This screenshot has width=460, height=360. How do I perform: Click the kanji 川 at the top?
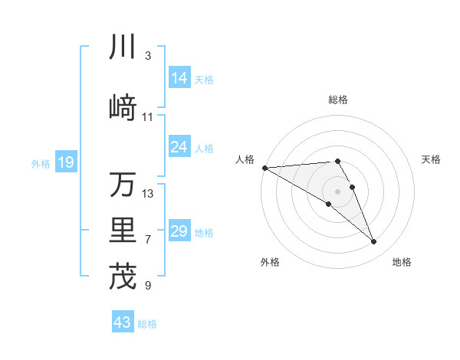coord(123,47)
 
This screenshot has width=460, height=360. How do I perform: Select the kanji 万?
coord(123,185)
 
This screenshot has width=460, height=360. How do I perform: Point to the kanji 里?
coord(123,230)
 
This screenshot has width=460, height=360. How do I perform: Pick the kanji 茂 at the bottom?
coord(123,277)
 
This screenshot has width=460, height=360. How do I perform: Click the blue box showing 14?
coord(179,78)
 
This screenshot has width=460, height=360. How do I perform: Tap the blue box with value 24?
coord(179,147)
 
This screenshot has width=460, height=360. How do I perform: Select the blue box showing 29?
coord(179,231)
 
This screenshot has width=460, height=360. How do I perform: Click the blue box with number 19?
coord(66,162)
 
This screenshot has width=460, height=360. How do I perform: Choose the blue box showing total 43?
coord(123,322)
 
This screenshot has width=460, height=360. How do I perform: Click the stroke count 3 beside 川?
coord(147,56)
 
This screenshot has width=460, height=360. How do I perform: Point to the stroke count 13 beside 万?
coord(148,193)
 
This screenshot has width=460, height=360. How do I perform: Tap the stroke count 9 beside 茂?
coord(147,286)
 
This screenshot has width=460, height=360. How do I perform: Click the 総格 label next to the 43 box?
coord(147,324)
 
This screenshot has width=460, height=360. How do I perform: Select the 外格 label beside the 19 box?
coord(41,163)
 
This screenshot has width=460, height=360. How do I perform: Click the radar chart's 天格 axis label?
coord(431,159)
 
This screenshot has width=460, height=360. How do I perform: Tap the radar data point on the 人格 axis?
coord(264,167)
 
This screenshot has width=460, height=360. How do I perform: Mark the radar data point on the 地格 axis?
coord(374,242)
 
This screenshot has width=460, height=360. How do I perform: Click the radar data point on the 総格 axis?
coord(337,161)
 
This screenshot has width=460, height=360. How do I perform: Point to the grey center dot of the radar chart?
coord(337,190)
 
